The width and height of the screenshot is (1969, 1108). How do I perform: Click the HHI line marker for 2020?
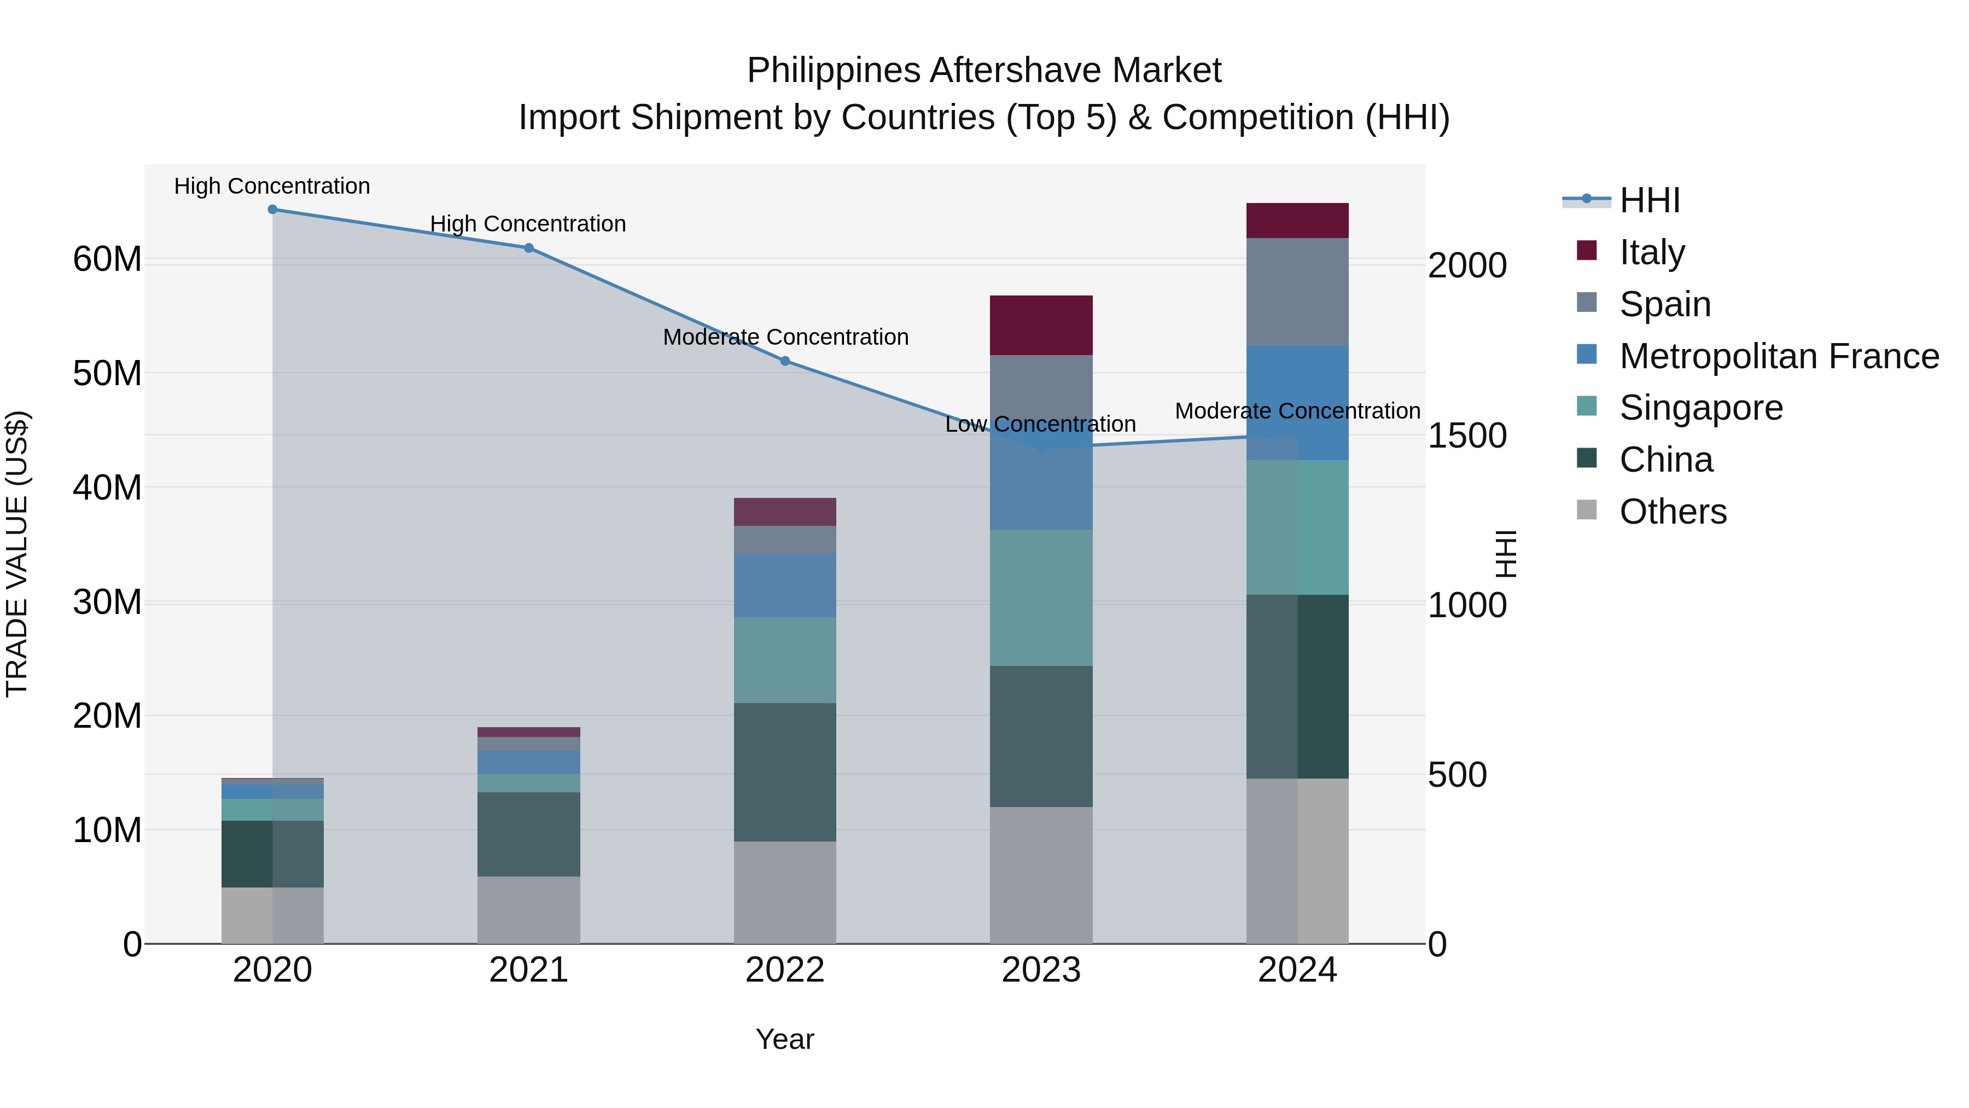click(x=272, y=210)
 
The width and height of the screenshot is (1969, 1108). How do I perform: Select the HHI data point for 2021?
click(x=528, y=248)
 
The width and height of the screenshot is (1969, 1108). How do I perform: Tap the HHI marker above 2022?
click(x=785, y=361)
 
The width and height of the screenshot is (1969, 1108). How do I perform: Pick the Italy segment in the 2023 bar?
click(x=1041, y=325)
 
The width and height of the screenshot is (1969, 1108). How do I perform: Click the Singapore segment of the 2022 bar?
click(x=785, y=660)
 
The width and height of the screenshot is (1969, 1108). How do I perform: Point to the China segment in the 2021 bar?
click(x=528, y=834)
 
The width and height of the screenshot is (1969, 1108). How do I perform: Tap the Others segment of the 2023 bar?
click(x=1041, y=875)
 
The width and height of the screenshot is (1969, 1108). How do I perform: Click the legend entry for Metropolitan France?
click(x=1779, y=356)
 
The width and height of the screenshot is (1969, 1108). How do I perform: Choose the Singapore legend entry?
click(x=1700, y=408)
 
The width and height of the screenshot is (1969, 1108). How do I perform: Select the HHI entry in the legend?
click(x=1650, y=200)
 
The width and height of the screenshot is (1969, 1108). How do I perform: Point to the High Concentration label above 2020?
click(x=272, y=186)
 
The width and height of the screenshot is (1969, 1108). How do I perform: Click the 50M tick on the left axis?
click(x=107, y=374)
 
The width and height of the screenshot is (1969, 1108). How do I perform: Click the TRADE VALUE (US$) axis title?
click(x=17, y=554)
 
